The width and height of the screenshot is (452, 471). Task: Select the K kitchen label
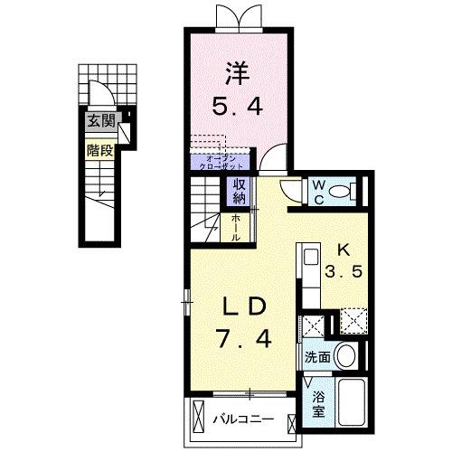tap(344, 250)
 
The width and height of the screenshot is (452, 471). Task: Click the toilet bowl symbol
tap(341, 191)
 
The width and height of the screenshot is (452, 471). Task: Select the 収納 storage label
tap(240, 191)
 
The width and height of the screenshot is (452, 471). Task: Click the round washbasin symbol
tap(344, 355)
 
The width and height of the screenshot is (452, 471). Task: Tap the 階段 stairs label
tap(99, 151)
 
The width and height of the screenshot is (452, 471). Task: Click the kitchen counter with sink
tap(307, 276)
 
